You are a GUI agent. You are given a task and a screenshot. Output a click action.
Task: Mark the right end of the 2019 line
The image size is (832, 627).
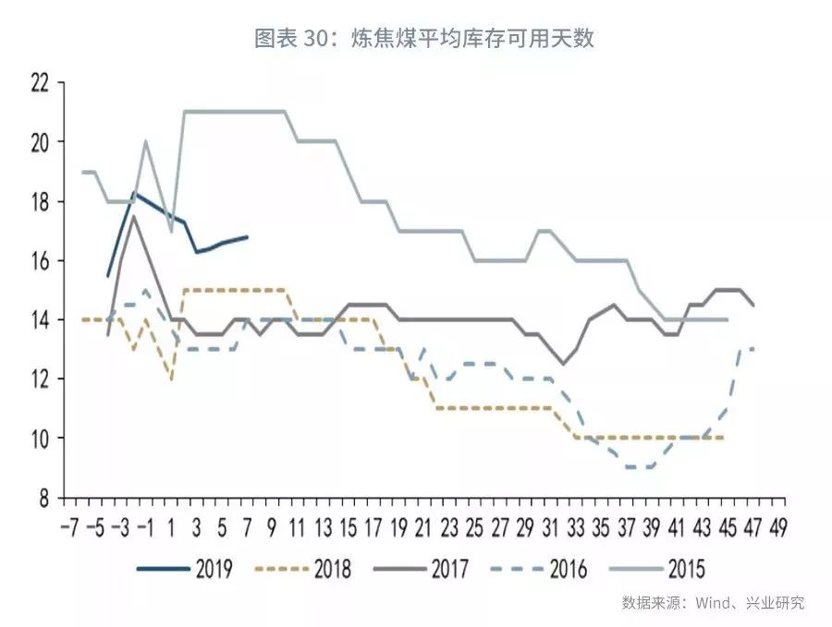tap(247, 237)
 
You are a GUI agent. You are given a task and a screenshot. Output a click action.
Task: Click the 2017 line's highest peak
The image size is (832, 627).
tap(134, 216)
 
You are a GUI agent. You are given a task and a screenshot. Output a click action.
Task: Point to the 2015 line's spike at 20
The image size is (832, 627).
tap(146, 142)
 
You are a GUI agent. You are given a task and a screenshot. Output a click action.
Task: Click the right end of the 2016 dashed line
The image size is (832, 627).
tap(754, 348)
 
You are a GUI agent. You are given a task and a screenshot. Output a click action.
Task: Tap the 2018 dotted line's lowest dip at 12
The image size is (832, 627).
tap(171, 378)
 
